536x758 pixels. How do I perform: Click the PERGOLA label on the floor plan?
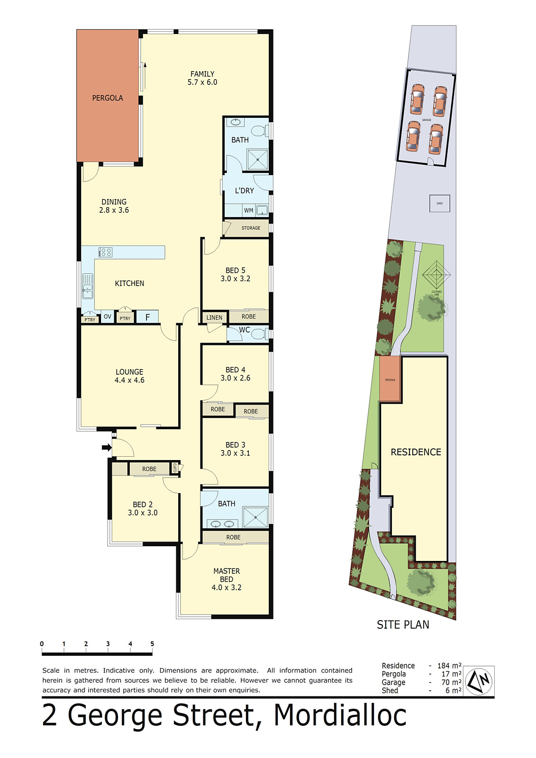click(x=108, y=98)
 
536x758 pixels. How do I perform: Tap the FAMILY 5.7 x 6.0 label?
click(x=202, y=78)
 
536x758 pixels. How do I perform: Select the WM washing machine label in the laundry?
click(x=248, y=210)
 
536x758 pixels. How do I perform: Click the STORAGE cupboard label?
click(x=251, y=228)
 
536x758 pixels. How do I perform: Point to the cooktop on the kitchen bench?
click(x=105, y=252)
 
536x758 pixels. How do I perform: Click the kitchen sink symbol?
click(x=88, y=286)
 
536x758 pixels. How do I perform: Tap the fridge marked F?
click(x=147, y=317)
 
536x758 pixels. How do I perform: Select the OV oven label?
click(x=108, y=316)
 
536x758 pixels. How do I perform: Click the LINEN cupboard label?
click(x=214, y=317)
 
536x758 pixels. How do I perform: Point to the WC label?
click(x=245, y=330)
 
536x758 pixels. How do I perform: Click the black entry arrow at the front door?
click(x=107, y=447)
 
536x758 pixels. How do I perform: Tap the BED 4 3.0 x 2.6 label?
click(x=235, y=374)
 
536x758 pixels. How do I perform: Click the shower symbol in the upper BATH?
click(x=258, y=160)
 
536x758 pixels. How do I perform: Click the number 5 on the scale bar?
click(x=152, y=644)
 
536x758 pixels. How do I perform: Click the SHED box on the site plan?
click(x=439, y=203)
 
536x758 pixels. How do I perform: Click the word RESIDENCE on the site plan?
click(x=416, y=452)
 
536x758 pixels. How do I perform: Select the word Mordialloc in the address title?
click(x=340, y=715)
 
